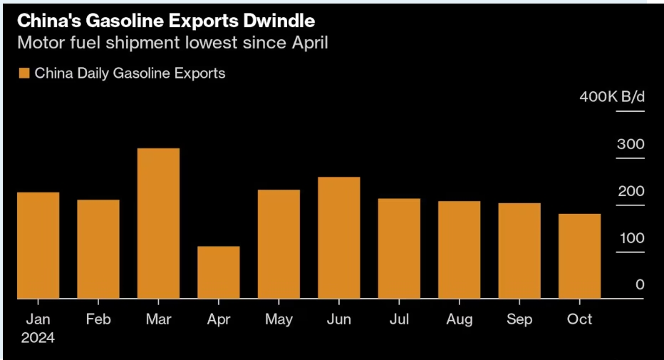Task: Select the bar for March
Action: [158, 223]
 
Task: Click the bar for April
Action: [218, 272]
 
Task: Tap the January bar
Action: [38, 245]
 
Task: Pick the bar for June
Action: [338, 237]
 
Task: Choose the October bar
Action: [579, 256]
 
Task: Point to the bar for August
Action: [459, 250]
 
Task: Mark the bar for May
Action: [279, 244]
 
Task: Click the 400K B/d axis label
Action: [611, 98]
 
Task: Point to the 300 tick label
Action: [630, 145]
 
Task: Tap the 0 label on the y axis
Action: [639, 285]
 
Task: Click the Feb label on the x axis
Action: [98, 319]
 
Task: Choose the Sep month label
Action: [519, 319]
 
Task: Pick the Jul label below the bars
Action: [399, 319]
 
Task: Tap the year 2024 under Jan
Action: [38, 338]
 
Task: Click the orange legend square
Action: [24, 73]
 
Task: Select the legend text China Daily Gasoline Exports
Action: [130, 73]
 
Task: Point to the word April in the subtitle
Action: [306, 42]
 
